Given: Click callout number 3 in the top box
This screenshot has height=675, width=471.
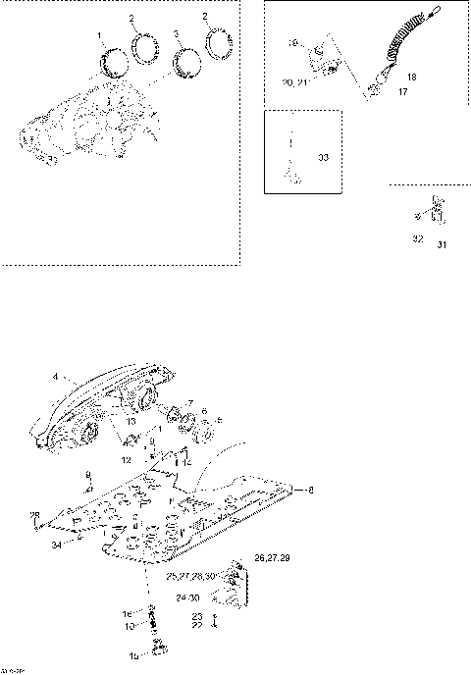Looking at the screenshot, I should [177, 34].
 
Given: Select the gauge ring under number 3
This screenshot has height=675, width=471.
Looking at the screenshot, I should [183, 62].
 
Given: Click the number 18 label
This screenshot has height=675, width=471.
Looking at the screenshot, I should [411, 76].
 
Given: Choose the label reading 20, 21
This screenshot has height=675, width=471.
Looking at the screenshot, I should [295, 84].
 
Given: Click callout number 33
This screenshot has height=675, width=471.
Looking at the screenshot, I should [324, 156].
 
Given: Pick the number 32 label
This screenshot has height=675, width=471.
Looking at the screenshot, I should [417, 238].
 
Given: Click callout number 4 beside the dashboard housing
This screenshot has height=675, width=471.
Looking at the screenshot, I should [56, 375].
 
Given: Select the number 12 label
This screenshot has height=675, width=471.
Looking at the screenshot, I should [126, 459].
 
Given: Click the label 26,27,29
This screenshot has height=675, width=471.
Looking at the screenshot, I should [270, 557].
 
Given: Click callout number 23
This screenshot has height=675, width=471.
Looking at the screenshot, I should [197, 614].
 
